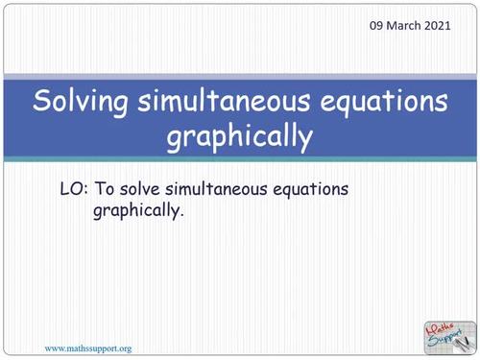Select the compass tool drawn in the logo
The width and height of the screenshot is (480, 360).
[x=463, y=337]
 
